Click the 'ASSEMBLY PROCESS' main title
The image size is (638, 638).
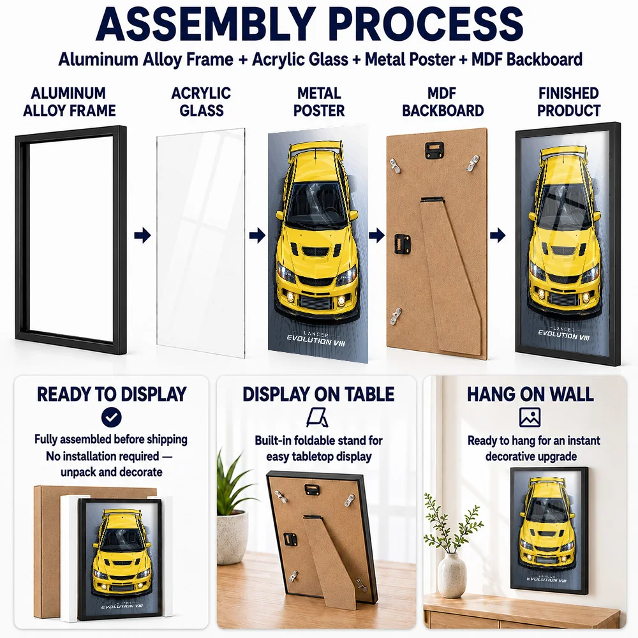tap(309, 24)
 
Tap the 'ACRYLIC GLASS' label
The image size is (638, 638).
tap(201, 101)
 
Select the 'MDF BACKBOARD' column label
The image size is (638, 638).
tap(443, 101)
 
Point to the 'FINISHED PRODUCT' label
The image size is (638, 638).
tap(568, 101)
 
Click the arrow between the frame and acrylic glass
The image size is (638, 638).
tap(142, 235)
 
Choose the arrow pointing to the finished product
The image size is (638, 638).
tap(497, 235)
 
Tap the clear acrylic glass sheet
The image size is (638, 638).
tap(200, 243)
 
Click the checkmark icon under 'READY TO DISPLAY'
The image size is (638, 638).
tap(112, 417)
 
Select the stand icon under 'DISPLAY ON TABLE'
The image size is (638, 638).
tap(317, 418)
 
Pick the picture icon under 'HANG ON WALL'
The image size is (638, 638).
tap(530, 417)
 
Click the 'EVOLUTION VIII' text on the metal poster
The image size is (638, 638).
tap(316, 341)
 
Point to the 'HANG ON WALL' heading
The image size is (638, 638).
tap(530, 394)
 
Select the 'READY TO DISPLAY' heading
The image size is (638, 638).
tap(112, 394)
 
